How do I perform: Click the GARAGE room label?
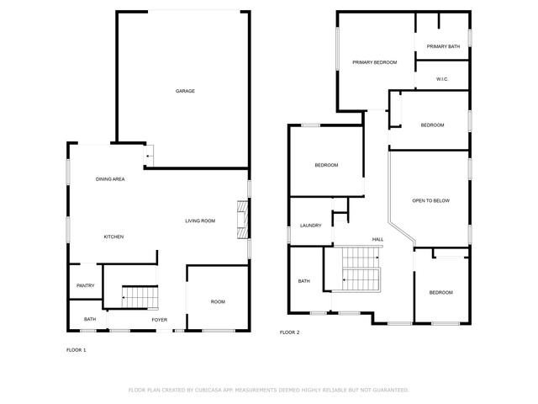[x=185, y=91]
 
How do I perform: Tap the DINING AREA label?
[x=110, y=179]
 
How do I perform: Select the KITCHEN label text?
[x=113, y=237]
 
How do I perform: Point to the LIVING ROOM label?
[x=200, y=221]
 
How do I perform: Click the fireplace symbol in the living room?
[x=242, y=220]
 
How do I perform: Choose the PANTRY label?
[x=85, y=285]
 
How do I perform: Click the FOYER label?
[x=160, y=320]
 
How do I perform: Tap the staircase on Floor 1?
[x=140, y=297]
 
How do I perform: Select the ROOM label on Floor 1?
[x=218, y=301]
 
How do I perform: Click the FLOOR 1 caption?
[x=76, y=350]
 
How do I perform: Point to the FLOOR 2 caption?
[x=289, y=332]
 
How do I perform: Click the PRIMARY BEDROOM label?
[x=375, y=62]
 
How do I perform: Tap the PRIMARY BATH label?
[x=443, y=46]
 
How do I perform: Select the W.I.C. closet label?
[x=442, y=79]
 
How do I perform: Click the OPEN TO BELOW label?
[x=431, y=200]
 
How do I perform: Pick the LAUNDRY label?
[x=311, y=226]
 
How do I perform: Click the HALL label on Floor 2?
[x=377, y=239]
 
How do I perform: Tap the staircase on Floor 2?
[x=361, y=269]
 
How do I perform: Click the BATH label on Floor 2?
[x=304, y=281]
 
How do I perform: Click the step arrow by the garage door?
[x=149, y=156]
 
